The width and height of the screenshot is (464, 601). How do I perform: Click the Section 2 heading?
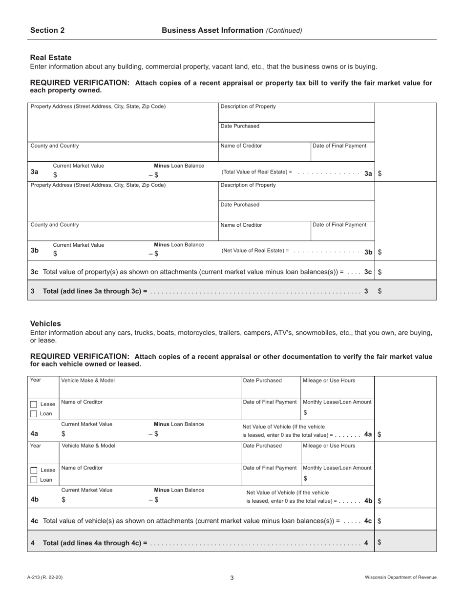pos(47,30)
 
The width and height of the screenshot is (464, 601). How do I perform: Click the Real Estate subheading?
pos(51,57)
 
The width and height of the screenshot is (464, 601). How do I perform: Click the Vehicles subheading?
pos(45,323)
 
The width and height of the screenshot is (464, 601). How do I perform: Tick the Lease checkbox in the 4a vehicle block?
pos(34,405)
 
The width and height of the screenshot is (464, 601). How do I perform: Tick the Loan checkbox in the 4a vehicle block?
pos(34,414)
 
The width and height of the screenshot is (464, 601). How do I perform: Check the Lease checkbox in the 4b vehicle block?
pos(34,470)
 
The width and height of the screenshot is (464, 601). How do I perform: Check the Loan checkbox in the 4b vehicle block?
pos(34,480)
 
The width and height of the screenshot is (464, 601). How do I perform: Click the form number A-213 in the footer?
pos(45,578)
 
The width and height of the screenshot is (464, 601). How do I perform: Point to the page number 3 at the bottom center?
pos(232,578)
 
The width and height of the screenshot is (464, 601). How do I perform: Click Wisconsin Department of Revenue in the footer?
pos(401,578)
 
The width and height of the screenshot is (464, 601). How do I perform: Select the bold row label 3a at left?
pos(35,172)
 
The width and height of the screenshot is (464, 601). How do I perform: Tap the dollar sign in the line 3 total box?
pos(380,291)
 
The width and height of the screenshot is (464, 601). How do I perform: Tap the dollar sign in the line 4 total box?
pos(380,542)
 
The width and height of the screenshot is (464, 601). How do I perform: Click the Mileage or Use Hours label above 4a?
pos(329,381)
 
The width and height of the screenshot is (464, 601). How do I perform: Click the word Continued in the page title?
pos(284,30)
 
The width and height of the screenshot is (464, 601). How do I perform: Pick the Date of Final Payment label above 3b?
pos(339,225)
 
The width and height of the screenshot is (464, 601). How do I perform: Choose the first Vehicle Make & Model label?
pos(88,381)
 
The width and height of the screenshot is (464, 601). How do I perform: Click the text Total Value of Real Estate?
pos(254,172)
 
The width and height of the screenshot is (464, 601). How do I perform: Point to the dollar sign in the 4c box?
pos(380,521)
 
